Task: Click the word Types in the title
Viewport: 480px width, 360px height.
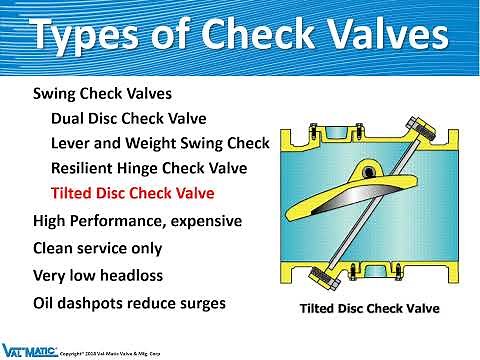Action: [x=85, y=37]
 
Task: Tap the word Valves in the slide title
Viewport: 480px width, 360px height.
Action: [x=374, y=37]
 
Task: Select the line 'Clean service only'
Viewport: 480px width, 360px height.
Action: [x=97, y=247]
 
